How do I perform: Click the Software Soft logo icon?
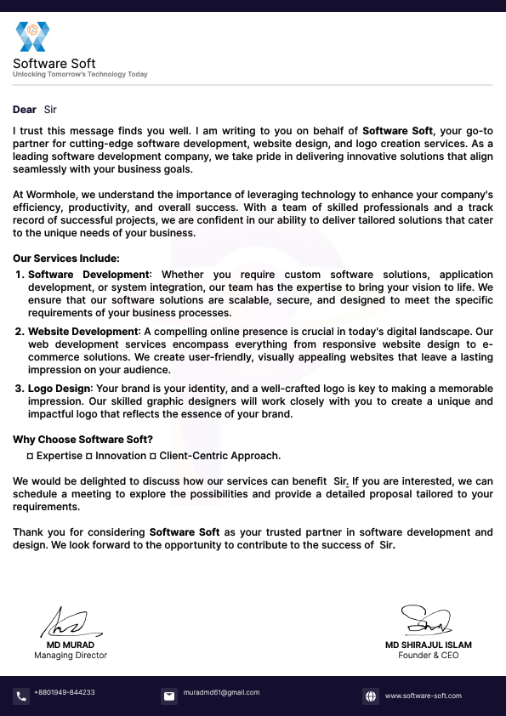[33, 37]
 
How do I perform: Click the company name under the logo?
[54, 64]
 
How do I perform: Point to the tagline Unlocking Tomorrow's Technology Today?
[80, 75]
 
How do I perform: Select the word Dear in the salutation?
[25, 110]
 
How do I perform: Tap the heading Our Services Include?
[66, 259]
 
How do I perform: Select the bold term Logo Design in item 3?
[60, 388]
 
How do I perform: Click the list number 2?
[20, 331]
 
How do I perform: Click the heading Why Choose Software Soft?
[82, 440]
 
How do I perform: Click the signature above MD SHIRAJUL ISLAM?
[427, 621]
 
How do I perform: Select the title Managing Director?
[71, 656]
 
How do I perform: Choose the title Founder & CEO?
[428, 656]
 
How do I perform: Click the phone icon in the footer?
[21, 696]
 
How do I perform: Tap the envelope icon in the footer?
[169, 696]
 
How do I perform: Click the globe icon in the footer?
[371, 696]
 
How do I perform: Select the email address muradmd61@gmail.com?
[221, 693]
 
